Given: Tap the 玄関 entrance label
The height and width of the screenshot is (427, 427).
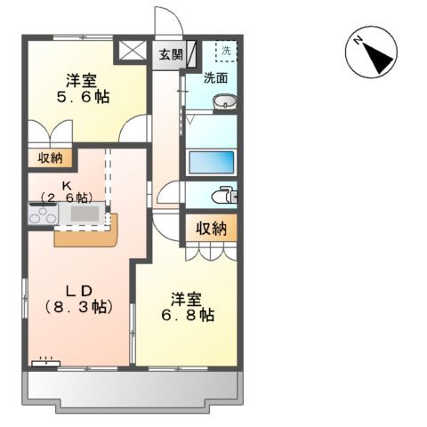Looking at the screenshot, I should [x=171, y=53].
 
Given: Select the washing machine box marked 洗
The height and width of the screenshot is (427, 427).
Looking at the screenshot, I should [x=226, y=51].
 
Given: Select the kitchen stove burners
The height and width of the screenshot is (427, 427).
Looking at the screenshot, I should [x=43, y=214].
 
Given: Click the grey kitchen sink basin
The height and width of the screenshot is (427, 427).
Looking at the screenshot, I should [x=86, y=213].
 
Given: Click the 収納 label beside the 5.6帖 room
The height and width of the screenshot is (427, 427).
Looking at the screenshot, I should [x=51, y=158].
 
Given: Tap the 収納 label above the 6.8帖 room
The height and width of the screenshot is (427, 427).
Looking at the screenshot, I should [x=211, y=229].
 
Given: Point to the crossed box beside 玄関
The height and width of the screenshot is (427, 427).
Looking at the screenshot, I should [x=134, y=51].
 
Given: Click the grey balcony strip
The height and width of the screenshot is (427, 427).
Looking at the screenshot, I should [x=133, y=388].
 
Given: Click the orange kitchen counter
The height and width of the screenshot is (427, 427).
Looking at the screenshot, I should [x=86, y=237].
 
